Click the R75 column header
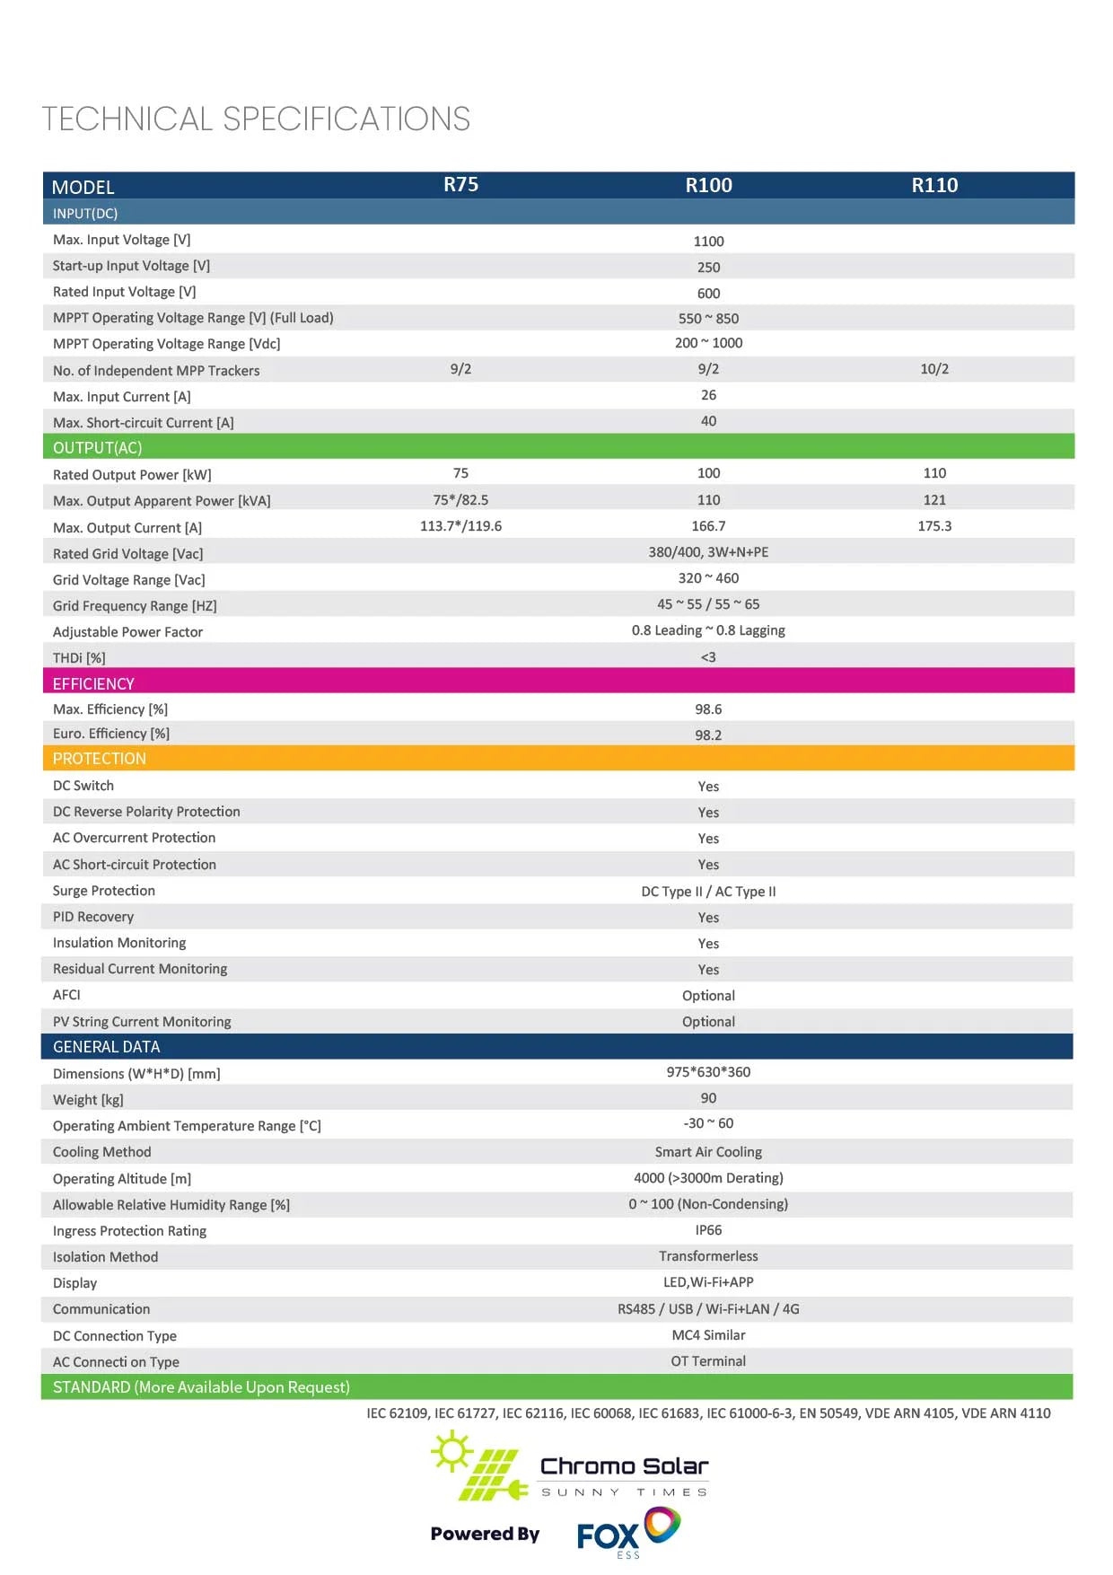[x=460, y=185]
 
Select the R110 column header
[x=934, y=186]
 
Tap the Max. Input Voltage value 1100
[x=708, y=242]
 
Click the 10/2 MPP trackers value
[x=934, y=369]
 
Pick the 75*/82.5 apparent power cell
[x=460, y=500]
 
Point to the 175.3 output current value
[x=934, y=526]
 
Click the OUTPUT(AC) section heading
[x=97, y=447]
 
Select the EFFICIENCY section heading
[x=93, y=683]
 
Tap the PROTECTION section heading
[x=99, y=759]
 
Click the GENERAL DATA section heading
[x=106, y=1047]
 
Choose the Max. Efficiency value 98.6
[x=708, y=709]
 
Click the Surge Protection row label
[x=104, y=891]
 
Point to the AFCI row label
[x=66, y=995]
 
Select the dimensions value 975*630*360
[x=708, y=1072]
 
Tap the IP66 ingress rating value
[x=708, y=1230]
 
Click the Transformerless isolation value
[x=708, y=1256]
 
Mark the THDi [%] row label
[x=79, y=658]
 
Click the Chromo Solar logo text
[x=624, y=1467]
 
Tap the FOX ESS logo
[x=627, y=1533]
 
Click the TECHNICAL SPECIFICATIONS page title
[x=256, y=119]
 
